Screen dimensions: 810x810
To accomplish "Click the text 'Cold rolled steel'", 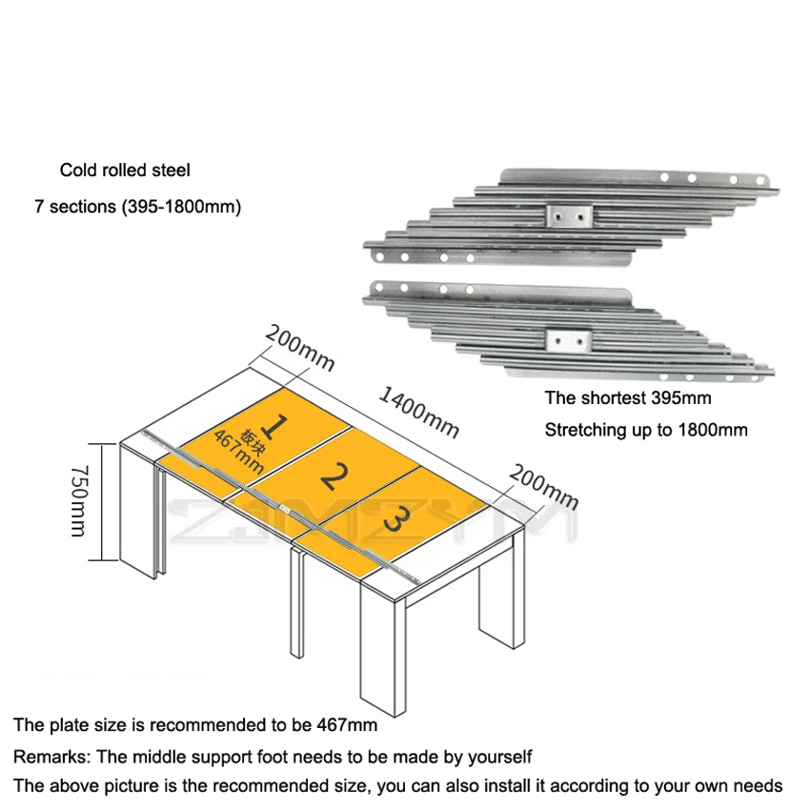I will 125,171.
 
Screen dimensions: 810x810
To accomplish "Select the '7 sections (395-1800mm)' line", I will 137,206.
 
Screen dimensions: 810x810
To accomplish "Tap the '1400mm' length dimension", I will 419,411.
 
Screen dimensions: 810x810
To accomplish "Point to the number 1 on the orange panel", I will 275,423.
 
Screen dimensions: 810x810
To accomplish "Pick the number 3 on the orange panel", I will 400,520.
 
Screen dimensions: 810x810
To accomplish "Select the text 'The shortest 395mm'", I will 628,398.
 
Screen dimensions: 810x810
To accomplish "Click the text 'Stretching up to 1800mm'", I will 646,430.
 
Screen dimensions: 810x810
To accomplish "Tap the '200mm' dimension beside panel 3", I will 544,486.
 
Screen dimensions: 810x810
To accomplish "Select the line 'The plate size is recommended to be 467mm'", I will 195,725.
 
